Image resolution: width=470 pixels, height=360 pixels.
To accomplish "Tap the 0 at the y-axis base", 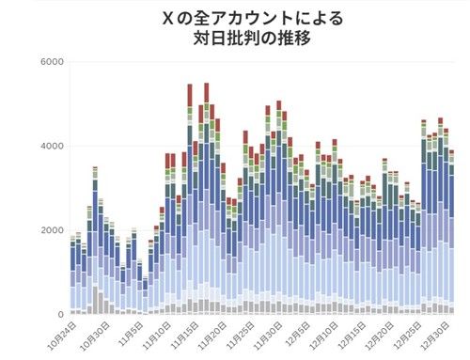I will (59, 315).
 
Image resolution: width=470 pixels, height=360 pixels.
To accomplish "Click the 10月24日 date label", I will (64, 334).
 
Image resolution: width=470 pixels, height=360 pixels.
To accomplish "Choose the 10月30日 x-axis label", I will (97, 334).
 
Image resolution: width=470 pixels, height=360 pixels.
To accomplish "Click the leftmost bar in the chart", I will (72, 278).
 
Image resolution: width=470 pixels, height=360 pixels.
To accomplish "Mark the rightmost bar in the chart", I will (451, 235).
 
